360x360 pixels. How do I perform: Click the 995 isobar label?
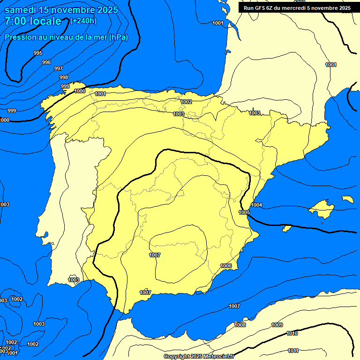(x=38, y=53)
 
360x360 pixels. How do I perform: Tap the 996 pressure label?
(x=46, y=62)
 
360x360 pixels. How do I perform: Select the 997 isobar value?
(x=59, y=68)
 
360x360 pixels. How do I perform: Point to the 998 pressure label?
(x=64, y=77)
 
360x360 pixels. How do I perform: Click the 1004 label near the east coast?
(x=256, y=205)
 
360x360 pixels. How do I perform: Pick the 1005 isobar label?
(x=244, y=212)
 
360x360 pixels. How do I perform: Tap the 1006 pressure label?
(x=226, y=266)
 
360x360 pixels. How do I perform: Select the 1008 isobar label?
(x=240, y=325)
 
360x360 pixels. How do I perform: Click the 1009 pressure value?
(x=277, y=325)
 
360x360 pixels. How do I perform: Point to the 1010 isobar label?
(x=292, y=333)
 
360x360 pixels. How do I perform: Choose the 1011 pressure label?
(x=293, y=351)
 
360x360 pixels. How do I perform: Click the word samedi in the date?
(x=21, y=10)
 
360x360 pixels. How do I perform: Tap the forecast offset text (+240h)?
(x=83, y=21)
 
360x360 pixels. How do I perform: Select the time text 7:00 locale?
(x=33, y=21)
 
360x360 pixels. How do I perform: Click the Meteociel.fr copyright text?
(x=199, y=357)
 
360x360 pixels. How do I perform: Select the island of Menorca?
(x=347, y=199)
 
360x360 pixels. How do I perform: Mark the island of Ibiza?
(x=287, y=228)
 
